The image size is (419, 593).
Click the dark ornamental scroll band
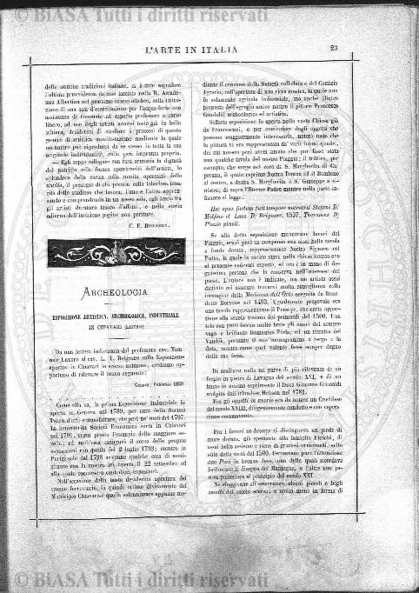pyautogui.click(x=128, y=254)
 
